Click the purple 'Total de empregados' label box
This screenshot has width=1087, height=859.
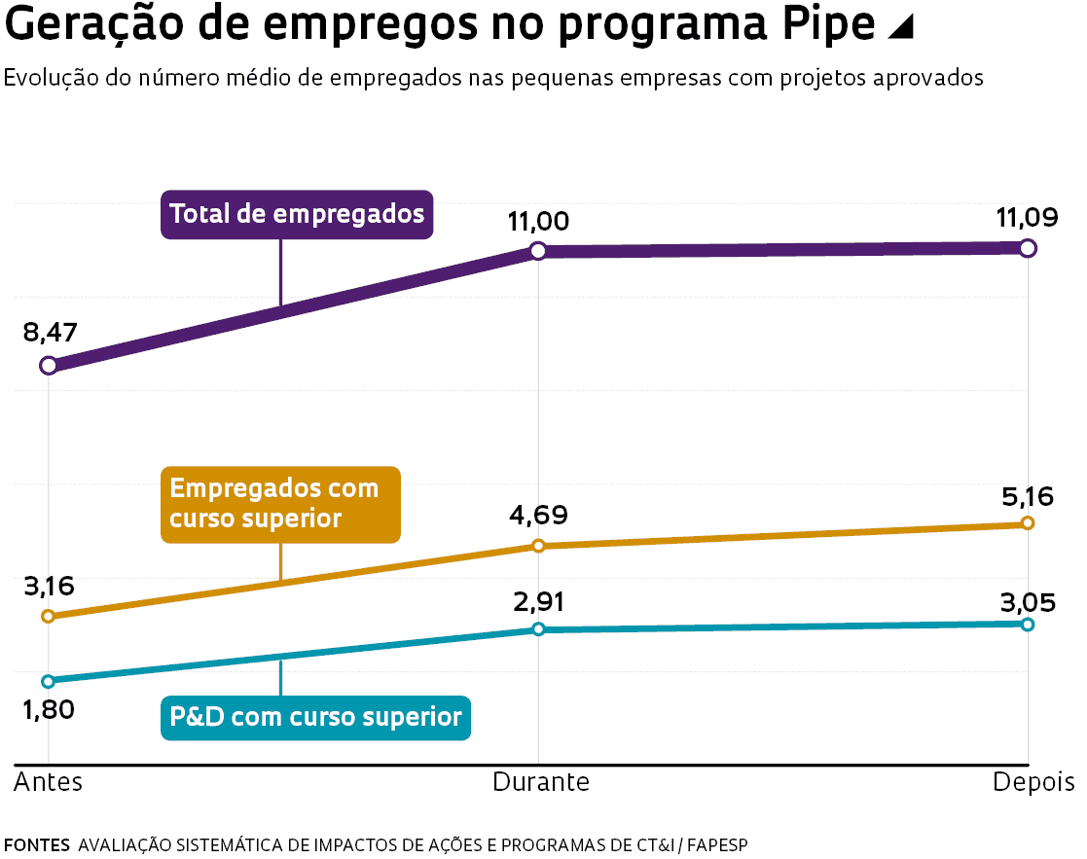pos(297,214)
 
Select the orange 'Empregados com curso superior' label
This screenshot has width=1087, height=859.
pos(280,504)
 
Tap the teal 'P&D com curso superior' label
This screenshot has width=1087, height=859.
pos(315,718)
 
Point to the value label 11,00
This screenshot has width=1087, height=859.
pos(538,222)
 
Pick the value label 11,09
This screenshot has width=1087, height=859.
pos(1027,218)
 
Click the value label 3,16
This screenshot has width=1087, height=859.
pos(49,587)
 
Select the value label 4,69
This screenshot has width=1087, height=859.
pos(538,516)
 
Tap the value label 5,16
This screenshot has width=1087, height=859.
pos(1027,497)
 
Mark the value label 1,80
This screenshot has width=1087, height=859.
pos(49,709)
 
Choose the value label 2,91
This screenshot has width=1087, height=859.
pos(538,602)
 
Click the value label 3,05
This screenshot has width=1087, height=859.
pos(1027,603)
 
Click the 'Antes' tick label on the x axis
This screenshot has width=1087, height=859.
pos(49,783)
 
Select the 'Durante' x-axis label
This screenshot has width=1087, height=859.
pos(541,783)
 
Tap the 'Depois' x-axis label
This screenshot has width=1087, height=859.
pos(1033,783)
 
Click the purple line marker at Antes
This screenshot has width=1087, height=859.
pos(48,366)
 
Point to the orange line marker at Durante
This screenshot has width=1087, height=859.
pos(538,547)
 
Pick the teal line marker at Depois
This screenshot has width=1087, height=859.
pos(1028,624)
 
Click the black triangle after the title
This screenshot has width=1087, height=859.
pos(901,29)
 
